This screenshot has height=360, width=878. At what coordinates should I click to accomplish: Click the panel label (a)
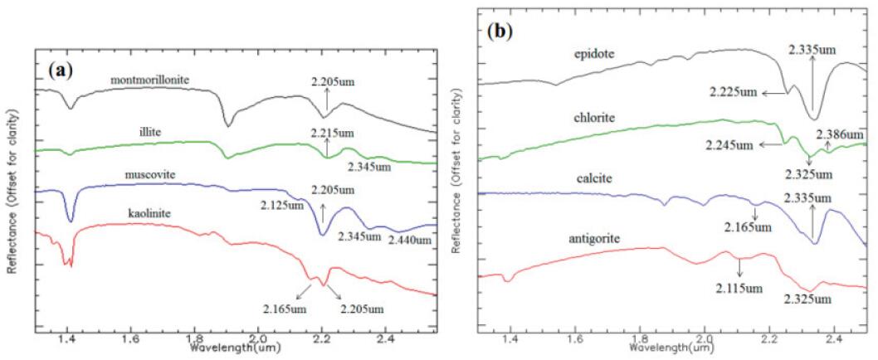[x=61, y=70]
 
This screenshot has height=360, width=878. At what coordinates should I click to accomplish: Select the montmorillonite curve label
[x=150, y=80]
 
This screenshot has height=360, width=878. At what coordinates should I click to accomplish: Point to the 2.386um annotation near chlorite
[x=841, y=134]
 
